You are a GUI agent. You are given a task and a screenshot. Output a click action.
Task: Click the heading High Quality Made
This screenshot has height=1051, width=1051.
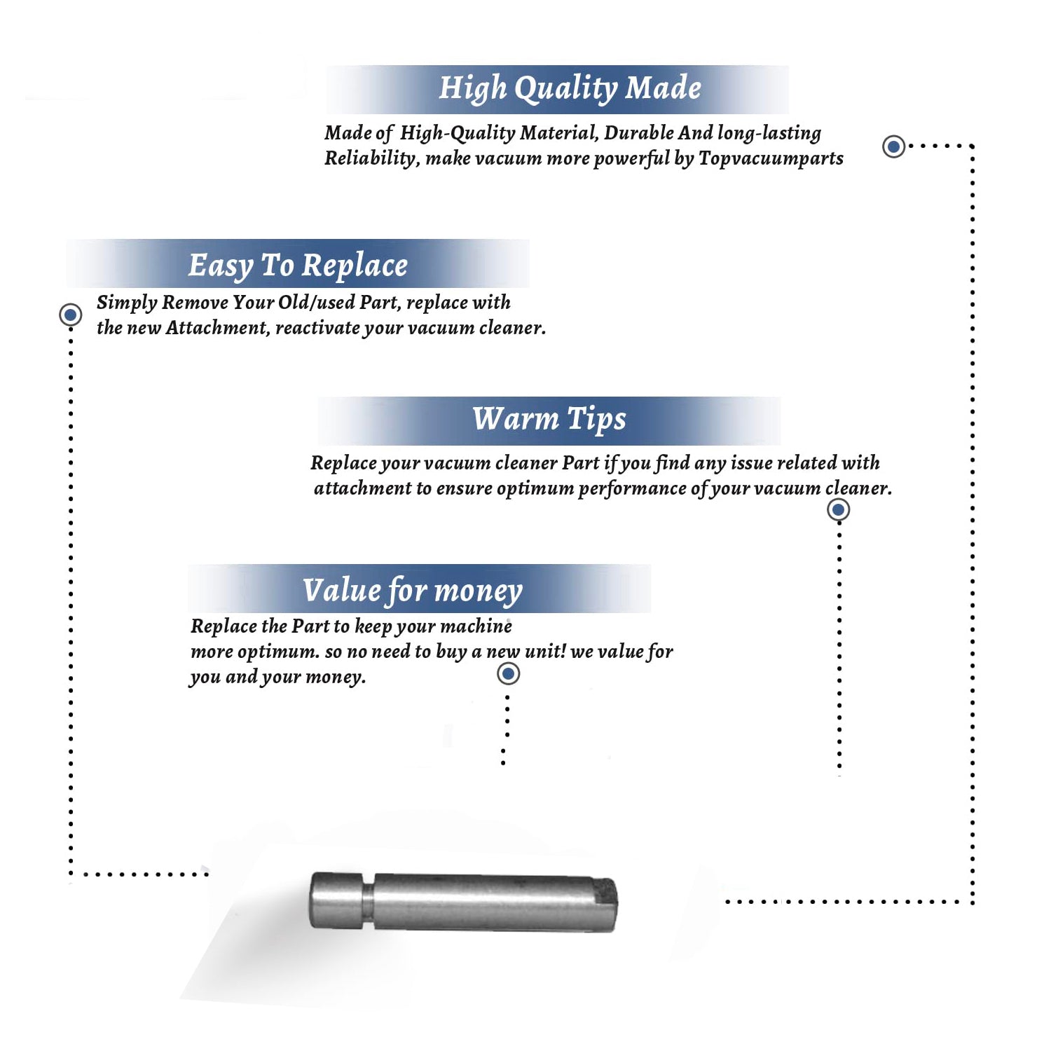570,89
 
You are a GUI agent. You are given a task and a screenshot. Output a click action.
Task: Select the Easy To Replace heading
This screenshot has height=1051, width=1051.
298,266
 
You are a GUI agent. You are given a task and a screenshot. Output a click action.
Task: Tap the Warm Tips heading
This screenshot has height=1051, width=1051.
549,419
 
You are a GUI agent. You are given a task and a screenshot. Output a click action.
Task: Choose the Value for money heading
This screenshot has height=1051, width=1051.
412,591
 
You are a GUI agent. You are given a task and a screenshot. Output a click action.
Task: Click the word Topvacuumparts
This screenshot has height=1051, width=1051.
771,159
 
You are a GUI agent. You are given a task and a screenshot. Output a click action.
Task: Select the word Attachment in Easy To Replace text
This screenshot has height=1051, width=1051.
217,328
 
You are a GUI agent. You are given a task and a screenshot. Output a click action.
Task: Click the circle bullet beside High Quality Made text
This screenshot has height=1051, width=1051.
893,146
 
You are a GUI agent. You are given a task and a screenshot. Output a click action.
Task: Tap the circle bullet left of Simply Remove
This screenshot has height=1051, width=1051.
70,315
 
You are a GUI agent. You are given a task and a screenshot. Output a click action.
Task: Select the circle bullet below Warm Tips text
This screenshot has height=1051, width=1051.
838,509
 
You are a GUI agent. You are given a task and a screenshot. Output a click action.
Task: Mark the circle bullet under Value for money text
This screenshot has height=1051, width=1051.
508,674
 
